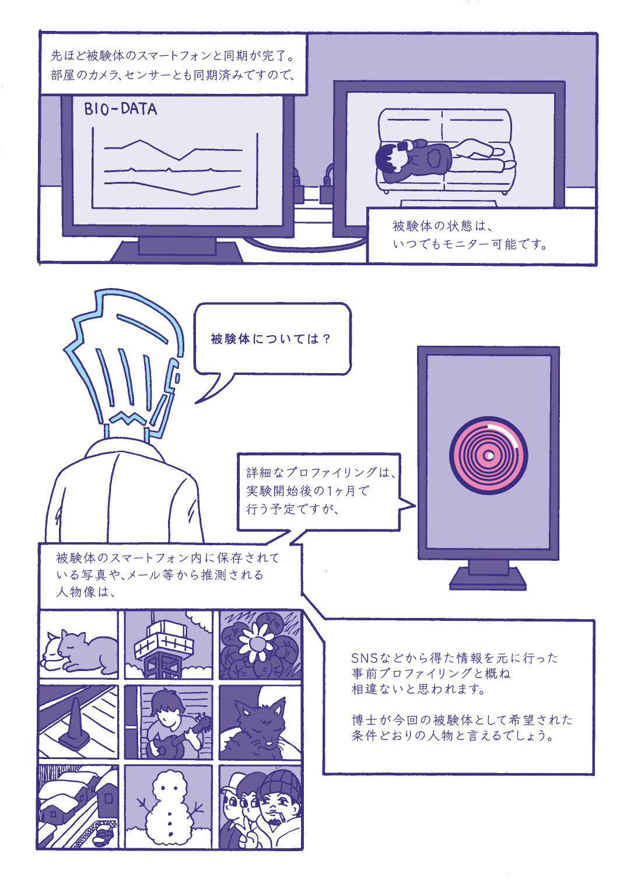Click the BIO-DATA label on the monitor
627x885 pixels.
tap(121, 108)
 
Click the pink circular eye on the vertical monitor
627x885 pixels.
tap(489, 455)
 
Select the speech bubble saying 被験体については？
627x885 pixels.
tap(272, 339)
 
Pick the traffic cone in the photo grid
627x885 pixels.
tap(75, 724)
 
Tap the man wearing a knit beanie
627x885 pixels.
tap(279, 803)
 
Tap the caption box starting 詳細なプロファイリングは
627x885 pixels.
tap(318, 491)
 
